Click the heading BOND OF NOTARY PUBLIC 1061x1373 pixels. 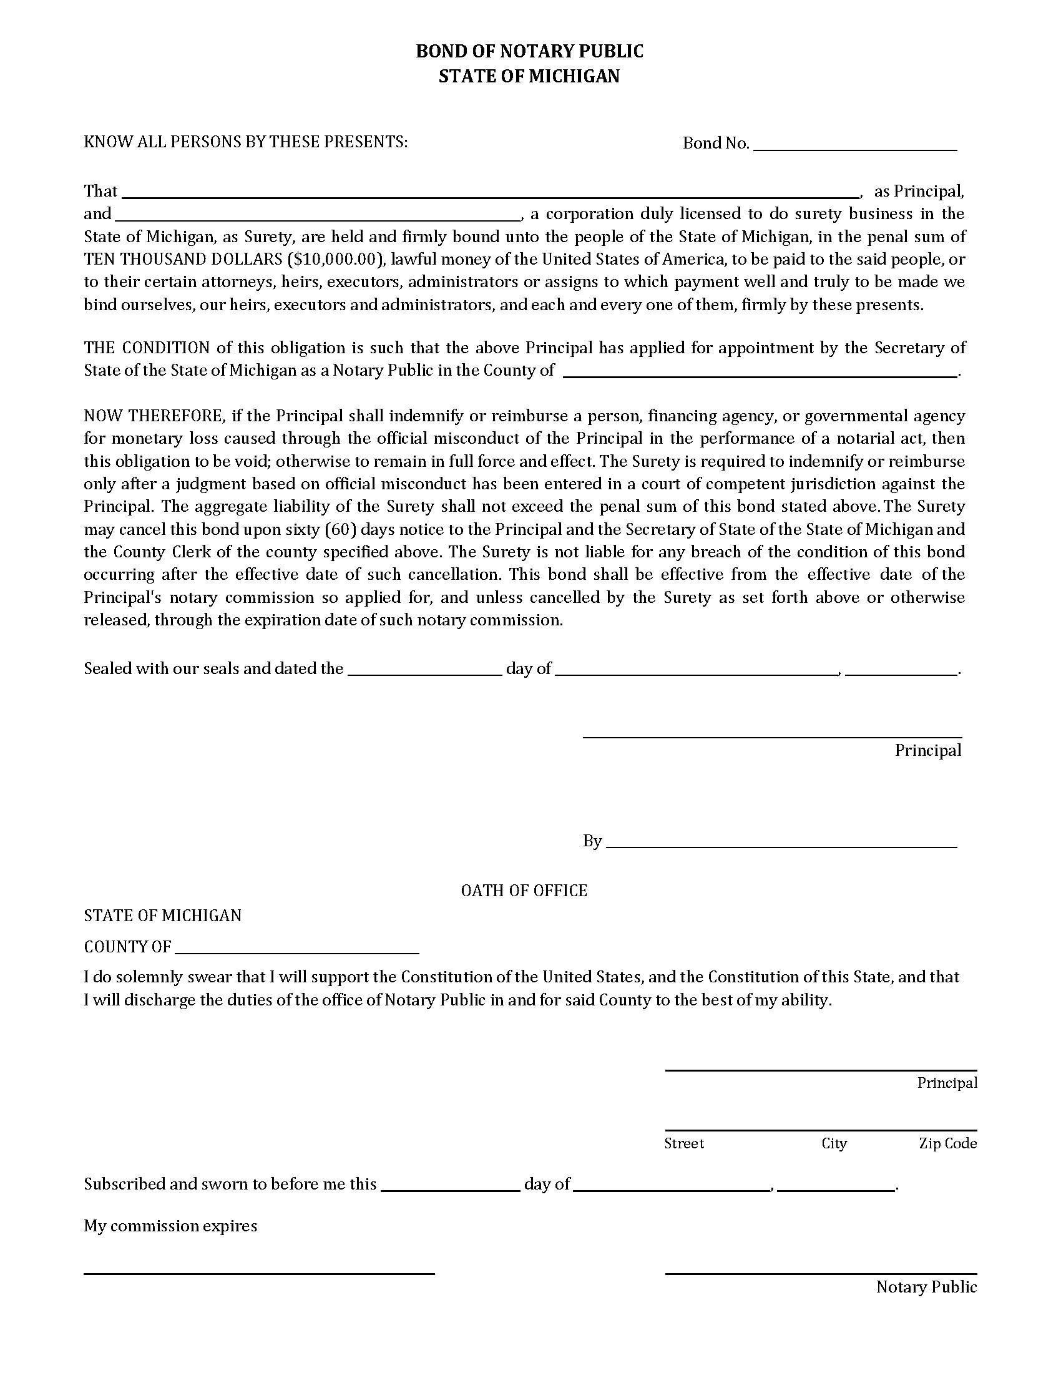(529, 52)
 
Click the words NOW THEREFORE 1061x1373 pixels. (154, 416)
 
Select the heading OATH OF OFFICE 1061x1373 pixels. (524, 891)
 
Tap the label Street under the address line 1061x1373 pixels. (684, 1143)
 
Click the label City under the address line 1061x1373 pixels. (834, 1143)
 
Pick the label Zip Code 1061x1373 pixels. (947, 1143)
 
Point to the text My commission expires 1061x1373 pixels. (170, 1226)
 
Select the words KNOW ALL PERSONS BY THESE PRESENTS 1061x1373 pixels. (246, 142)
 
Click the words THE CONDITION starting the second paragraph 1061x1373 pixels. (147, 348)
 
